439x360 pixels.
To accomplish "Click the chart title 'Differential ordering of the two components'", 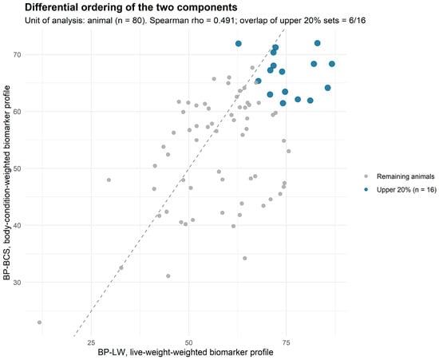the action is point(131,7).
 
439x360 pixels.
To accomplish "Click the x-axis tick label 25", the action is point(91,342).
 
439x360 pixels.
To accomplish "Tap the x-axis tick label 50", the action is point(188,342).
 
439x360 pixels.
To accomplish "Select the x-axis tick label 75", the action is point(286,342).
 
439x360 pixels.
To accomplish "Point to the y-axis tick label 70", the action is point(18,54).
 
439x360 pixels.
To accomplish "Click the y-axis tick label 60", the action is point(18,112).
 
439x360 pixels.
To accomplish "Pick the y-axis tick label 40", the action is point(18,225).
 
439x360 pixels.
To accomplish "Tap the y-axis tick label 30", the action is point(18,283).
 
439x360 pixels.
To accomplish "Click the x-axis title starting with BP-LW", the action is point(185,352).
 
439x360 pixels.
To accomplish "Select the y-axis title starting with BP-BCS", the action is point(6,183).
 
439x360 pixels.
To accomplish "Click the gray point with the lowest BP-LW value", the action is point(39,322).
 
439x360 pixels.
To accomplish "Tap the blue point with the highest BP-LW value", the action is point(332,64).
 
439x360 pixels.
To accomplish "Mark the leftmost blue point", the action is point(239,43).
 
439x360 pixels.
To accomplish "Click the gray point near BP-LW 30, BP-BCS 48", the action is point(109,180).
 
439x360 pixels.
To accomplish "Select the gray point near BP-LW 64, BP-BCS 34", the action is point(245,258).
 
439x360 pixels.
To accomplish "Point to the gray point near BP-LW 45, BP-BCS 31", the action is point(168,276).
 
